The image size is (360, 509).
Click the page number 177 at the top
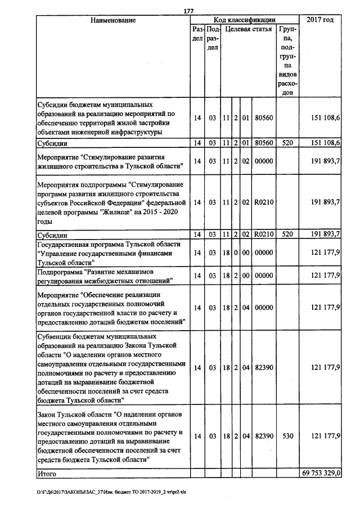pyautogui.click(x=188, y=12)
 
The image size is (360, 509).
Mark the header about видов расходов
pyautogui.click(x=288, y=61)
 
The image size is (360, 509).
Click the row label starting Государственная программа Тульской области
pyautogui.click(x=109, y=253)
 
